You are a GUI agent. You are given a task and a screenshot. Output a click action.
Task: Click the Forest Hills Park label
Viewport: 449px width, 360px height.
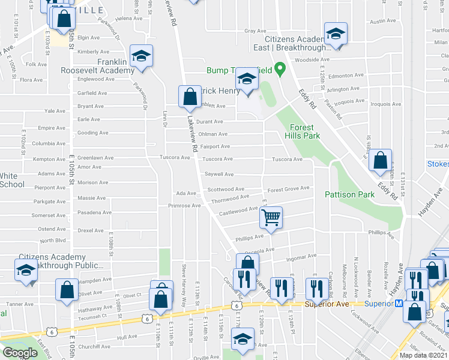(x=304, y=131)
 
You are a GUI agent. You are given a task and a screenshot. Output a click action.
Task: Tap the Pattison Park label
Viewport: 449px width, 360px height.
(x=349, y=194)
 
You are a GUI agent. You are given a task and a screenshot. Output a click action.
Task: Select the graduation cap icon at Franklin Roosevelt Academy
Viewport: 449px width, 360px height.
(x=142, y=57)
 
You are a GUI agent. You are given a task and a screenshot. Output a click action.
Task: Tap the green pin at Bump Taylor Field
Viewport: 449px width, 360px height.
(x=279, y=70)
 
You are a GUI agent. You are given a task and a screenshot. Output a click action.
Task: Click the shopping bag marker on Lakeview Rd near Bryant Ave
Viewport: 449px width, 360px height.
(x=190, y=97)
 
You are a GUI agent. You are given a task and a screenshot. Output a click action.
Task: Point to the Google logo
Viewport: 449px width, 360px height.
(x=20, y=353)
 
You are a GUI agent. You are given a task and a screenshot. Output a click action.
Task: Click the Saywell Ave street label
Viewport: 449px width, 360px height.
(x=219, y=174)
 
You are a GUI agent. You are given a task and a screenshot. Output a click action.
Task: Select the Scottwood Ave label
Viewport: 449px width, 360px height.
(x=226, y=189)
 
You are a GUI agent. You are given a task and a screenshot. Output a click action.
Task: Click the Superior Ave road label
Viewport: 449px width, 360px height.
(x=327, y=304)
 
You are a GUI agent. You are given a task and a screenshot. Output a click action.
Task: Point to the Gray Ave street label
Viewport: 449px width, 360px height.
(x=255, y=31)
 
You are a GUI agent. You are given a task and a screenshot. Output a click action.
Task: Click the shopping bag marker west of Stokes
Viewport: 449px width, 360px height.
(x=380, y=160)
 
